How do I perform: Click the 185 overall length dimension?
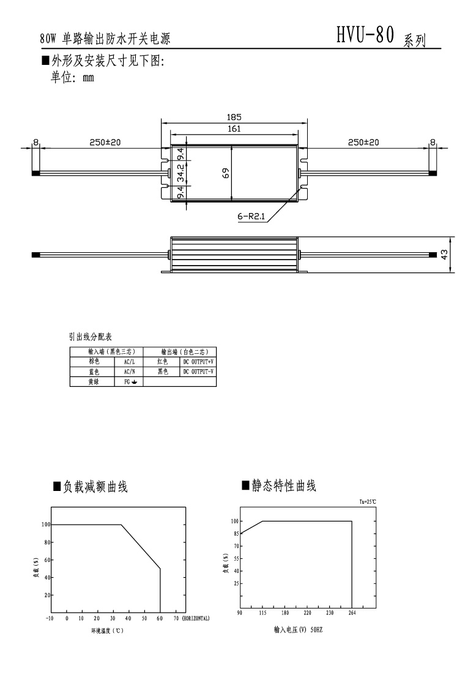234,117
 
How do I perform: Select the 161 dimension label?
234,129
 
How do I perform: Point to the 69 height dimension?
226,173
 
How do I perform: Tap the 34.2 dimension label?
181,173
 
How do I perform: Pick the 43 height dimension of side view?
445,254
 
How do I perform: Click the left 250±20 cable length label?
105,142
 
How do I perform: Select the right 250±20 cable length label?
363,142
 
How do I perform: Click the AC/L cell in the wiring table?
129,362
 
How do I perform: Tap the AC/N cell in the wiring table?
129,372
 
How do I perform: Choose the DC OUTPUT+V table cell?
198,362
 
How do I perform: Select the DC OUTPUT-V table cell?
198,372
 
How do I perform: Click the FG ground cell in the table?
129,381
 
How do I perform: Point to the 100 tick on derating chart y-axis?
45,524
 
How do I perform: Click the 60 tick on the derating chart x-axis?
160,619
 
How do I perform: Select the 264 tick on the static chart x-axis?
352,612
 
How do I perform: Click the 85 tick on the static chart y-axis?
234,533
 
